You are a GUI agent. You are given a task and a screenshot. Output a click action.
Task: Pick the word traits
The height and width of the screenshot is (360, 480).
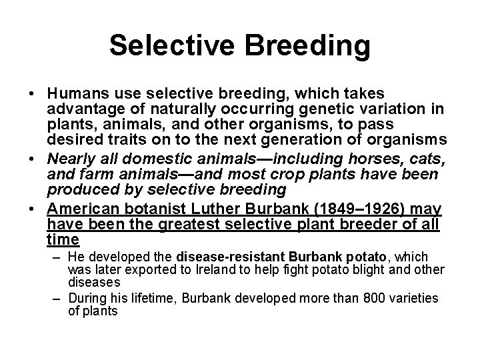(x=131, y=140)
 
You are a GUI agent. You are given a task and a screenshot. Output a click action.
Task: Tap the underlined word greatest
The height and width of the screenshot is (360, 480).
(x=181, y=224)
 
